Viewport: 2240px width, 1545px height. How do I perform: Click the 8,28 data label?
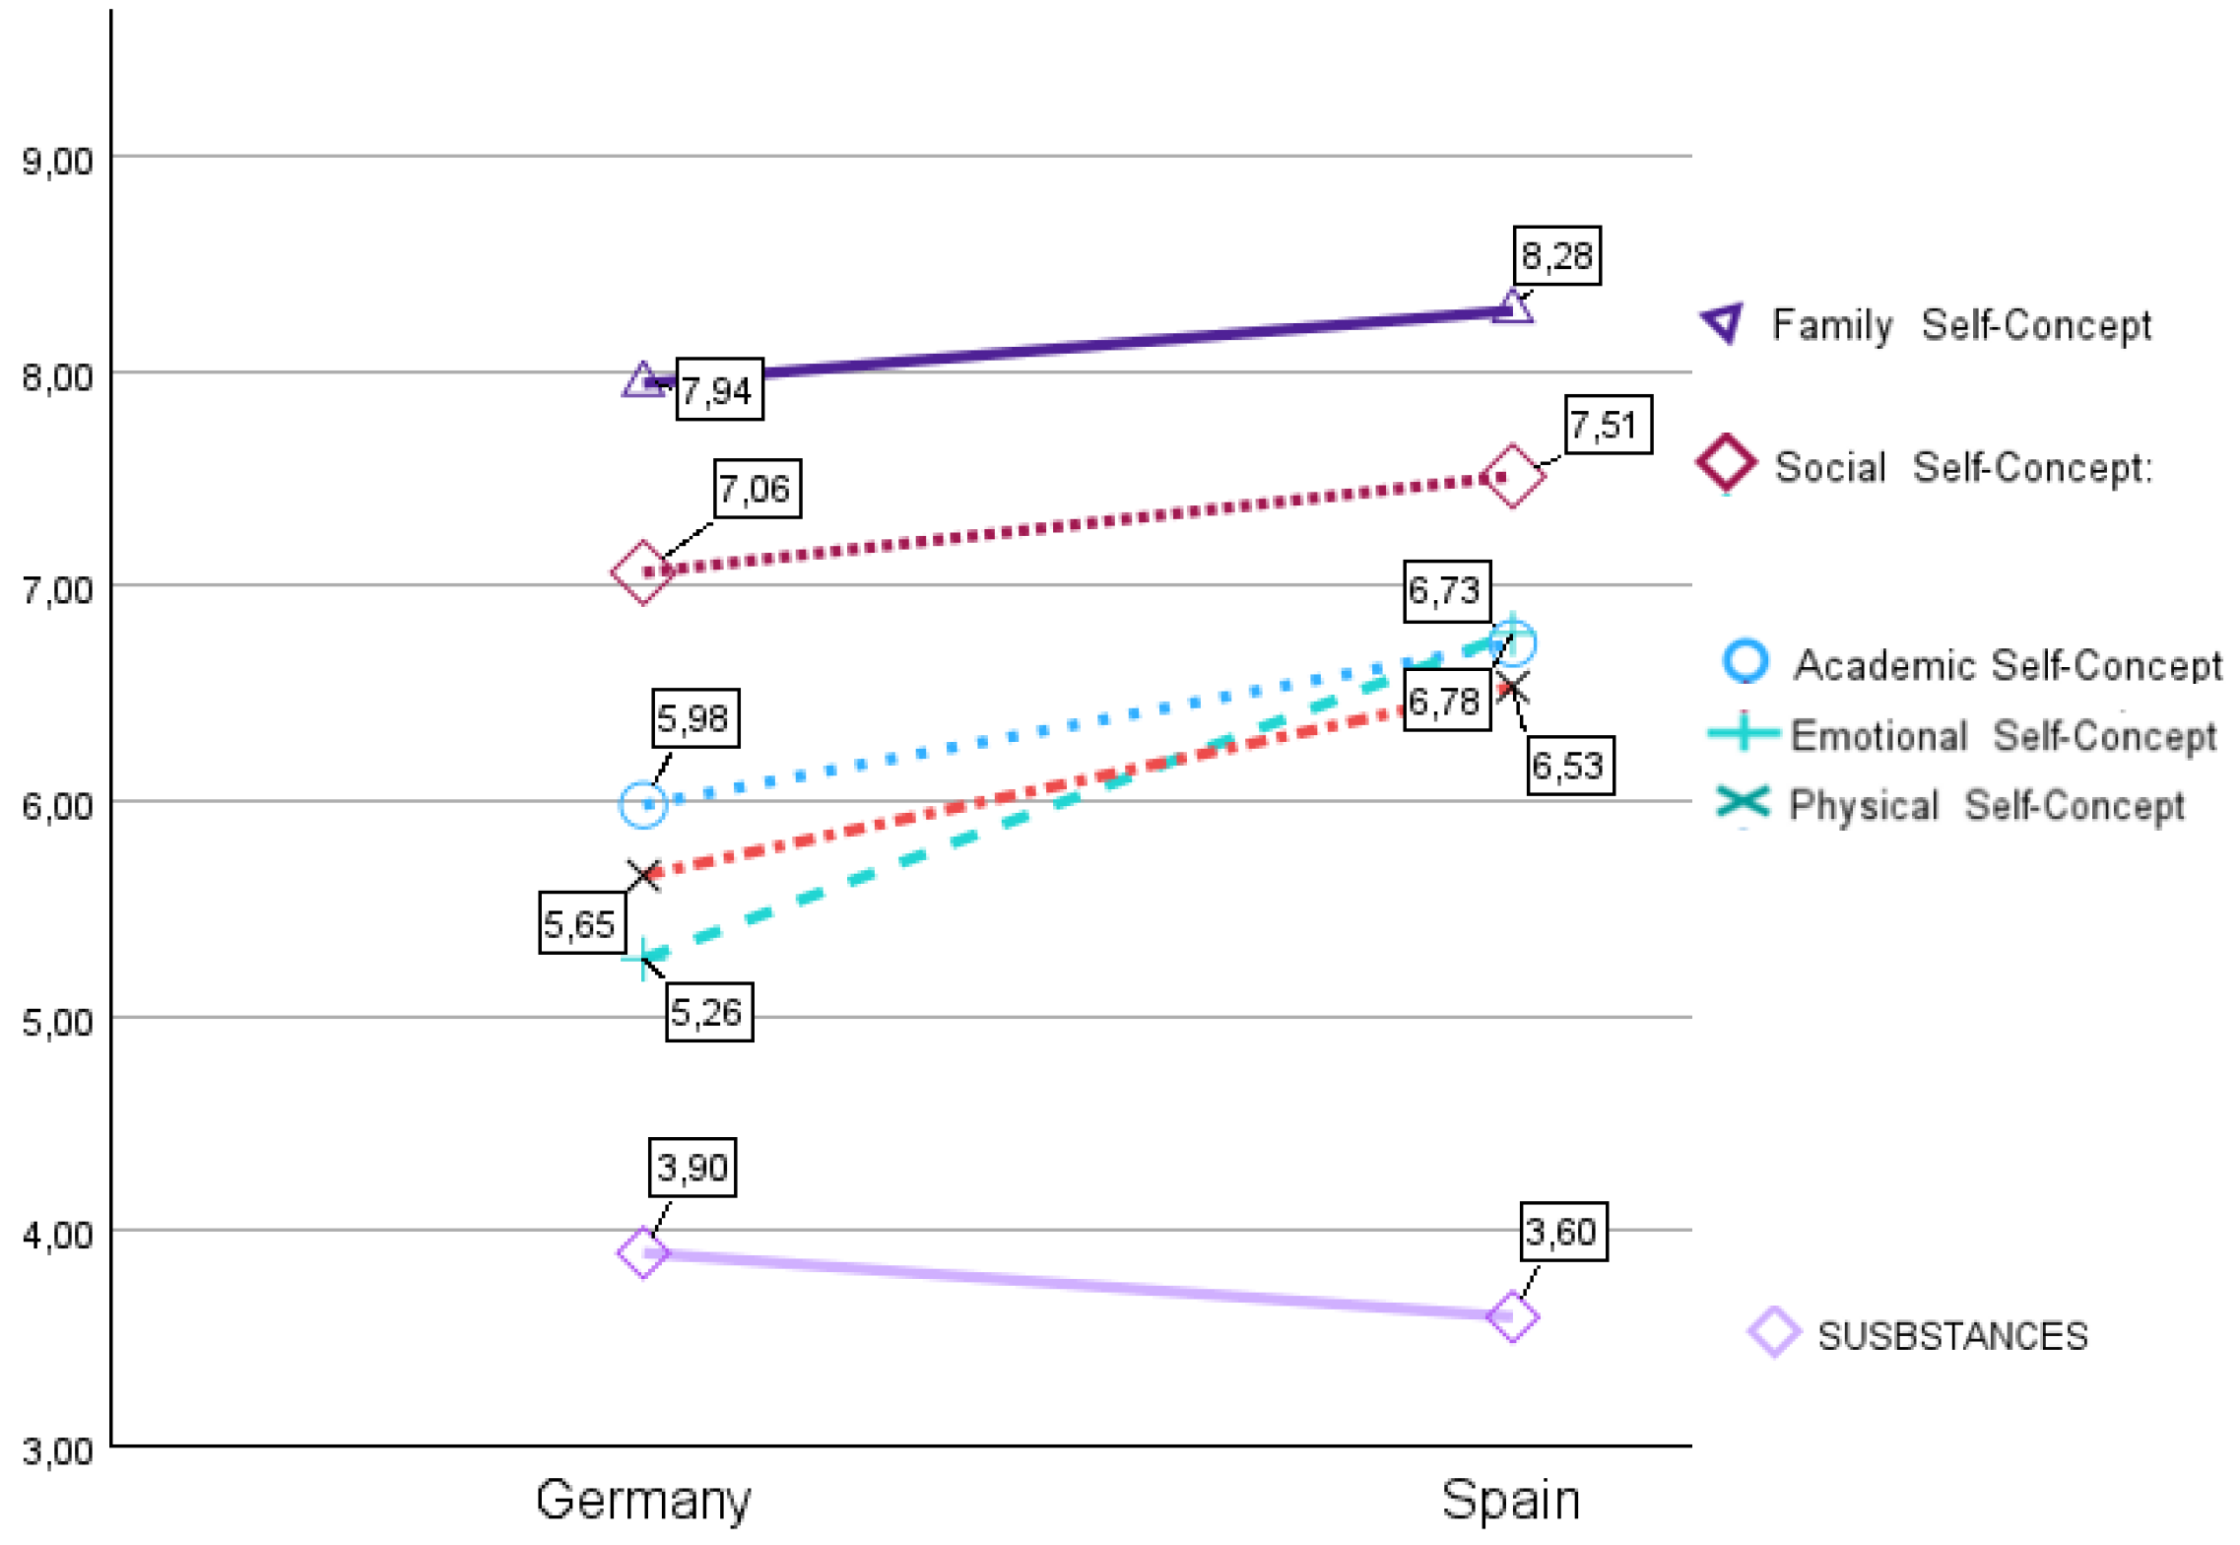pyautogui.click(x=1556, y=256)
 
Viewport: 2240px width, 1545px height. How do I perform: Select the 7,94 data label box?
pyautogui.click(x=719, y=389)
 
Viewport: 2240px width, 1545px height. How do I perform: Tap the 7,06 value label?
pyautogui.click(x=758, y=488)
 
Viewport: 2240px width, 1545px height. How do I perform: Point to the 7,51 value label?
pyautogui.click(x=1608, y=425)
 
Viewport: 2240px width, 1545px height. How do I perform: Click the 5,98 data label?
pyautogui.click(x=694, y=718)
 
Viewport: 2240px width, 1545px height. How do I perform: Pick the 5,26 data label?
pyautogui.click(x=709, y=1012)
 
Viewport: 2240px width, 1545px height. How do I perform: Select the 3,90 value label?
pyautogui.click(x=692, y=1168)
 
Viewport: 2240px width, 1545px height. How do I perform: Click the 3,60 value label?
pyautogui.click(x=1563, y=1232)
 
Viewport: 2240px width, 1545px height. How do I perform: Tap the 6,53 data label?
pyautogui.click(x=1570, y=766)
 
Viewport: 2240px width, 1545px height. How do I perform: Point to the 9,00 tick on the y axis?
pyautogui.click(x=57, y=161)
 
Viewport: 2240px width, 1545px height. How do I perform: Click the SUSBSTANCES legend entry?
pyautogui.click(x=1918, y=1335)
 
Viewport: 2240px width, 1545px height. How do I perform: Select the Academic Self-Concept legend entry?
pyautogui.click(x=1971, y=664)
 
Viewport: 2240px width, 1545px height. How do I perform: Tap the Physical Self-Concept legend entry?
pyautogui.click(x=1949, y=805)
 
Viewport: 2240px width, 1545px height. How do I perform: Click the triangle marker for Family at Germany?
pyautogui.click(x=642, y=379)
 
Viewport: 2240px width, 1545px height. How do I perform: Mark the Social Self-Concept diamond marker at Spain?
pyautogui.click(x=1512, y=476)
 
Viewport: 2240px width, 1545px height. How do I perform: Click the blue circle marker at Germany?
pyautogui.click(x=643, y=804)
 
